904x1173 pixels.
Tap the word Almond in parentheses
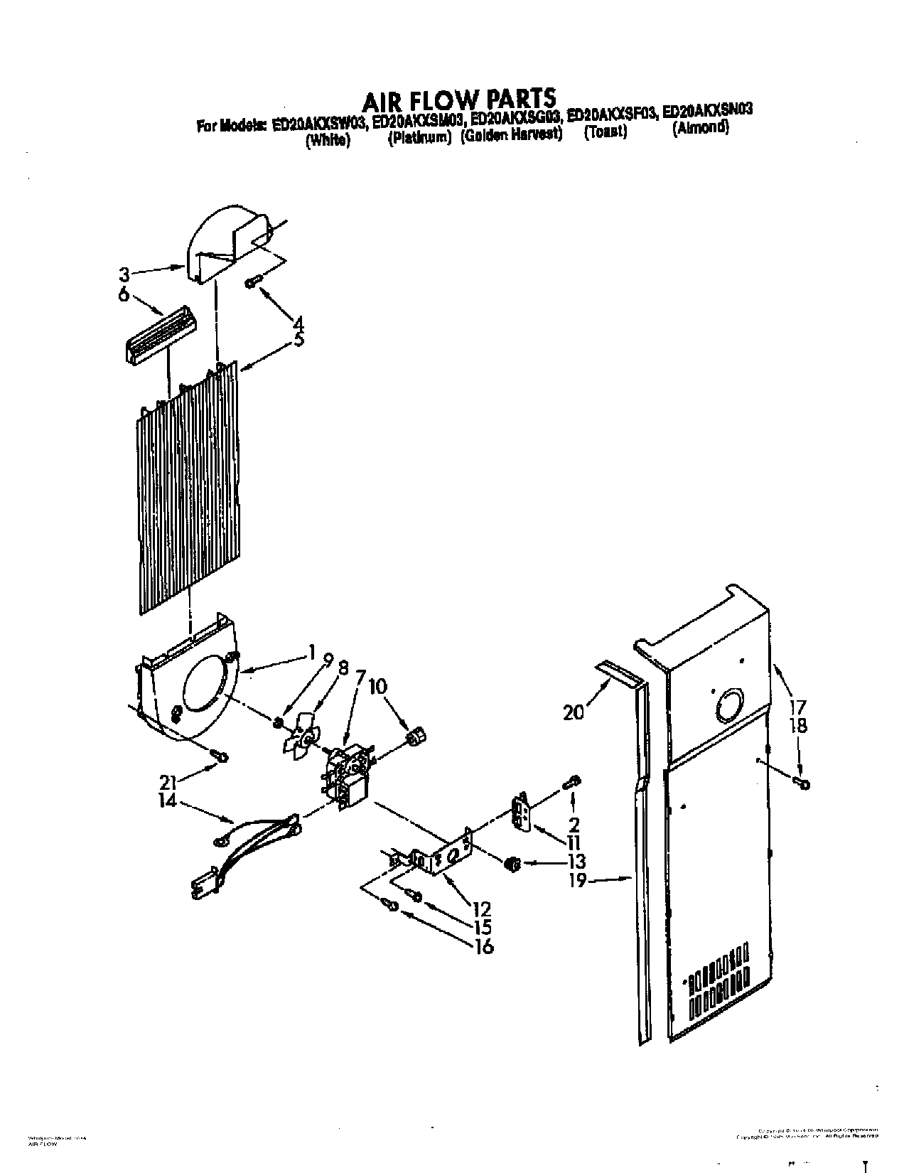(701, 129)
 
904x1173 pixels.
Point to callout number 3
(124, 273)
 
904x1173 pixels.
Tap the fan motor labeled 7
(346, 775)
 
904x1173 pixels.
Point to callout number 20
(573, 710)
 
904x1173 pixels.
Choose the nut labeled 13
(510, 864)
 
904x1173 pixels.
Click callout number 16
(483, 946)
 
